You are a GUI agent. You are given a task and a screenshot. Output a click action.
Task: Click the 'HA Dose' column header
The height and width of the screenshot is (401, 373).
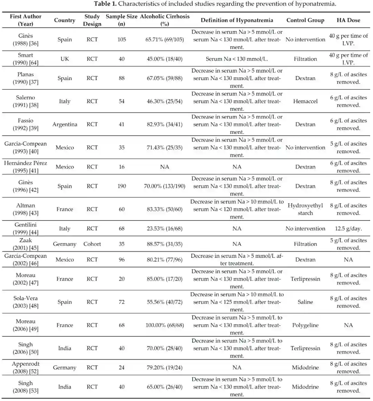[x=348, y=20]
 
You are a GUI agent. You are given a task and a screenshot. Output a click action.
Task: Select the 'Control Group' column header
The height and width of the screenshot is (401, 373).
[x=305, y=20]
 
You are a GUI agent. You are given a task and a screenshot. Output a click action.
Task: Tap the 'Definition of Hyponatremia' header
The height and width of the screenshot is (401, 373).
[x=237, y=20]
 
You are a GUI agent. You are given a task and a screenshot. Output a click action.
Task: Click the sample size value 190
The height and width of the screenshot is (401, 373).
[x=122, y=186]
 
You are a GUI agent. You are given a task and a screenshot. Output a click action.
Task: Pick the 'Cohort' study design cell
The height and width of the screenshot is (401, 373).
[x=92, y=244]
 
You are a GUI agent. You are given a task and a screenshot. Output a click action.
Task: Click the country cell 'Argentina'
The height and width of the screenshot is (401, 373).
[x=65, y=124]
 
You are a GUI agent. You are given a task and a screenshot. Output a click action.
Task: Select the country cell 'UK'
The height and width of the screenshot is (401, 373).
[x=65, y=59]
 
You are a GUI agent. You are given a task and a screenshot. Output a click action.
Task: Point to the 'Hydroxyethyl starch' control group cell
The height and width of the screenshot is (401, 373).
[x=305, y=209]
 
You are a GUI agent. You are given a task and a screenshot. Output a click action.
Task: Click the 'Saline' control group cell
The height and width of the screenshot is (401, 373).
[x=305, y=302]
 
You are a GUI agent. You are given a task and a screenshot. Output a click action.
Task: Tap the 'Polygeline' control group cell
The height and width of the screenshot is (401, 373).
[x=305, y=325]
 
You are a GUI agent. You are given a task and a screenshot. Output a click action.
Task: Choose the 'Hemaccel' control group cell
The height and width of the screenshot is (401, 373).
[x=305, y=101]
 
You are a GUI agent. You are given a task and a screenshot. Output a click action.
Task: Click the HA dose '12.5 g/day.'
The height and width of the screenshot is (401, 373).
[x=348, y=228]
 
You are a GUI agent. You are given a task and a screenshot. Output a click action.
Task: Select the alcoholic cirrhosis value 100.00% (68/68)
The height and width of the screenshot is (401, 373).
[x=165, y=325]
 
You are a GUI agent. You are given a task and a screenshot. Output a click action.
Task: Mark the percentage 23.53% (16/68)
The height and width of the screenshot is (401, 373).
[x=165, y=228]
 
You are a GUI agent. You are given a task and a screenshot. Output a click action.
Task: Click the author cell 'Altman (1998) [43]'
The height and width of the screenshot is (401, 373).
[x=26, y=209]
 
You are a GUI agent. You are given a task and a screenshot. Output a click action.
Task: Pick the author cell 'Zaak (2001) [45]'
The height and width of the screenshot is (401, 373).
[x=26, y=244]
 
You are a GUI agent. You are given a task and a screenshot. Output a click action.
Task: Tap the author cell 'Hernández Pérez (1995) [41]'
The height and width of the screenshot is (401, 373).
[x=26, y=167]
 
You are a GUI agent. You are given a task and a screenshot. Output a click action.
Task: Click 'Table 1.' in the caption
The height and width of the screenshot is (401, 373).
[x=105, y=4]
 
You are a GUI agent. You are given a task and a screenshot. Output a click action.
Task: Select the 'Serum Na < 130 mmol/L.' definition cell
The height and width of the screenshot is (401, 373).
[x=237, y=59]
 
